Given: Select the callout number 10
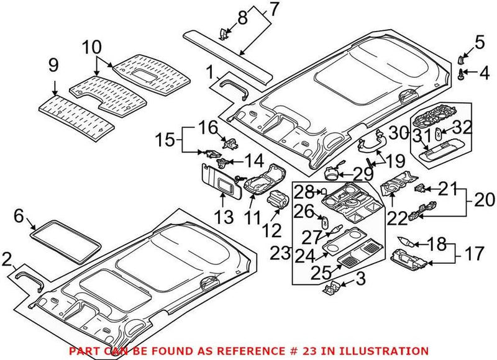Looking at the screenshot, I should click(x=91, y=46).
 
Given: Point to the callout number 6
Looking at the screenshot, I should click(x=19, y=216).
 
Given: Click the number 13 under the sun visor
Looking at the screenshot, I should click(x=224, y=217).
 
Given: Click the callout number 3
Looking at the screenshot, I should click(x=359, y=280).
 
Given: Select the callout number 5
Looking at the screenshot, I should click(x=478, y=42).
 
